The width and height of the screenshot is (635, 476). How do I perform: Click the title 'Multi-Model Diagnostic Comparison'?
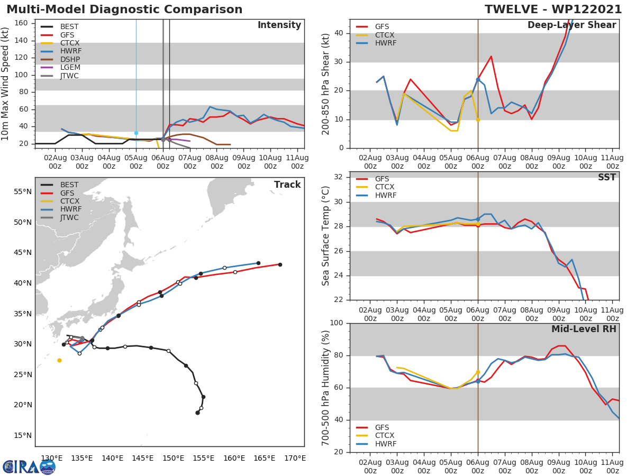click(x=124, y=10)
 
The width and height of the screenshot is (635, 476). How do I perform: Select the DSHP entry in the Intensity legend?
click(x=70, y=59)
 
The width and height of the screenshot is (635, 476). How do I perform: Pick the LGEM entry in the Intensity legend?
click(x=70, y=68)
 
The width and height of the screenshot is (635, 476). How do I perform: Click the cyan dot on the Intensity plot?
click(x=136, y=133)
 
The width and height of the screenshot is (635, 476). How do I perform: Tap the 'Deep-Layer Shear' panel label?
click(x=571, y=25)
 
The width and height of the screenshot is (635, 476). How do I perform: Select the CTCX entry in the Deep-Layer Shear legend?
click(x=385, y=35)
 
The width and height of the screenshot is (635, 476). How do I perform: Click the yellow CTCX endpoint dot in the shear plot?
click(x=478, y=120)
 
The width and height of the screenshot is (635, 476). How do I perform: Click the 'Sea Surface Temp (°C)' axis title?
click(x=326, y=236)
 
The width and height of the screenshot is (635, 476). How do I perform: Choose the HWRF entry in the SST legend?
click(x=385, y=195)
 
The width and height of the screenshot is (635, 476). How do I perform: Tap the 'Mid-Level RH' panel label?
click(x=584, y=329)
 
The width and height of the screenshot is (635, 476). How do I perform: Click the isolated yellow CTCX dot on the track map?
click(x=59, y=360)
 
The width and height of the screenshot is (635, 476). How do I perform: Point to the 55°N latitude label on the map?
click(x=23, y=191)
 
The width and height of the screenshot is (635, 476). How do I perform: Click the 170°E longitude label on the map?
click(x=295, y=458)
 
